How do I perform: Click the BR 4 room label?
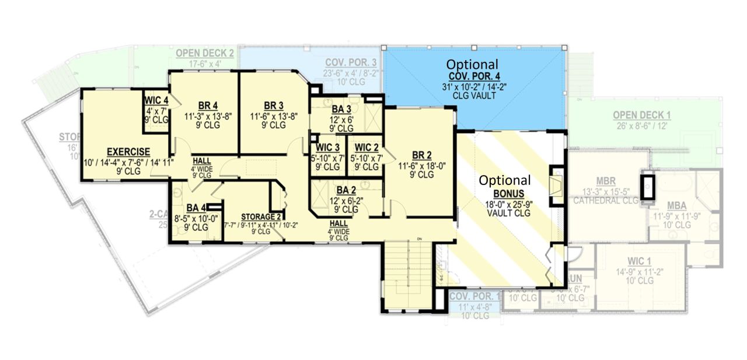click(208, 106)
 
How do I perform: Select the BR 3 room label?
click(273, 106)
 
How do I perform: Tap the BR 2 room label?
click(422, 155)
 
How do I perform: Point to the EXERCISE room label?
click(128, 152)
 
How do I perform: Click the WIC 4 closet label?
click(156, 100)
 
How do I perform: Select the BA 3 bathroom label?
click(341, 109)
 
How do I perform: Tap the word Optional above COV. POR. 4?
click(473, 64)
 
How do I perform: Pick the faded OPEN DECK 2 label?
click(205, 54)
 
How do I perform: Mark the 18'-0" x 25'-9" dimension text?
click(505, 204)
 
